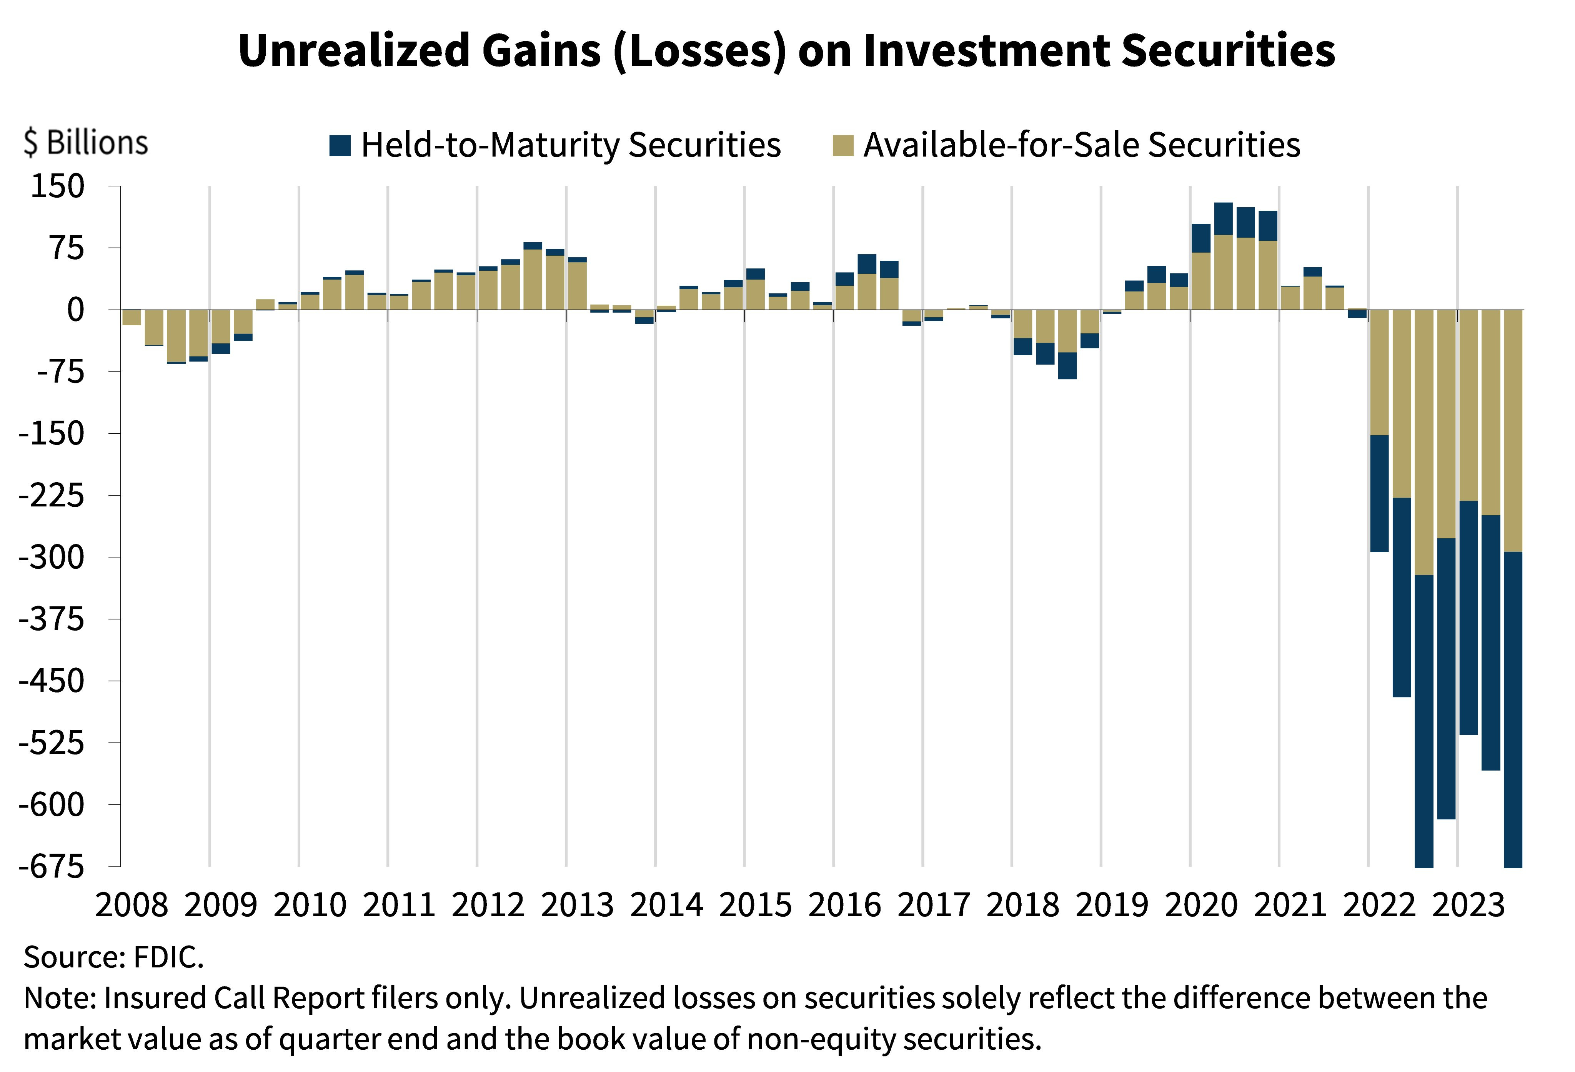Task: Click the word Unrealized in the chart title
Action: [x=352, y=51]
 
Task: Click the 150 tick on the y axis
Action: [x=58, y=186]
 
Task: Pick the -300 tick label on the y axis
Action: [x=52, y=558]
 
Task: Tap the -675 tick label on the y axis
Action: [x=52, y=867]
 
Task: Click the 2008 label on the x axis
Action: [x=132, y=905]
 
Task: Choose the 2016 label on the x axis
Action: [x=844, y=905]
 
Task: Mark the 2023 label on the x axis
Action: [x=1468, y=905]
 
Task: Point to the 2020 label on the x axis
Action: [x=1201, y=905]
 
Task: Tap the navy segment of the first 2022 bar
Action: [x=1379, y=493]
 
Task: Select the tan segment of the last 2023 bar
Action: [x=1513, y=430]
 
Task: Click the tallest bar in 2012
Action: [x=533, y=278]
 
